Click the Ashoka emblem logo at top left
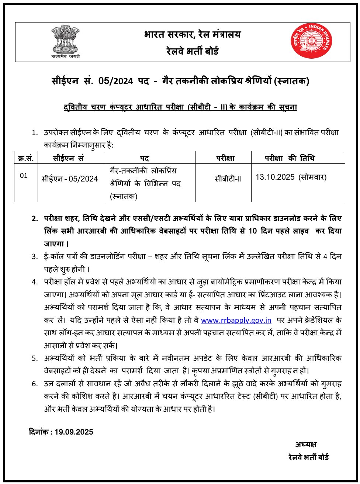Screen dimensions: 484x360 point(65,41)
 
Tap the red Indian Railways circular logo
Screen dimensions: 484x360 point(311,41)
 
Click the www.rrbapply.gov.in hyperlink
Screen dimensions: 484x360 point(236,320)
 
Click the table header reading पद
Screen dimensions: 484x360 point(144,158)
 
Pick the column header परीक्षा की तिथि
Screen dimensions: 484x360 point(290,158)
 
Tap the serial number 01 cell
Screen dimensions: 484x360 point(24,176)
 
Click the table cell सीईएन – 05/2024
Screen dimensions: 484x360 point(70,179)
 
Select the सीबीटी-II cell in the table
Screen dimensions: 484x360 point(228,179)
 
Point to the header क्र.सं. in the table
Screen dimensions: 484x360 point(26,158)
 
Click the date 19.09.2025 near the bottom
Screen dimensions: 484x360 point(74,432)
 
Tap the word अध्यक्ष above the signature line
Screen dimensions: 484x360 point(306,444)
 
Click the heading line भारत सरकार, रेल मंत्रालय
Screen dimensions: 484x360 point(192,34)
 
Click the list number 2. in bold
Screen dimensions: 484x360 point(35,218)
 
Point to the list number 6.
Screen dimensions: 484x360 point(35,384)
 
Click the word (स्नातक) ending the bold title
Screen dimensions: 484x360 point(291,81)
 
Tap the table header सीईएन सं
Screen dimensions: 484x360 point(68,158)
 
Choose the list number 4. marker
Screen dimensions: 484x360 point(35,282)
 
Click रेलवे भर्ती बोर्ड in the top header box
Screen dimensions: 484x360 point(192,51)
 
